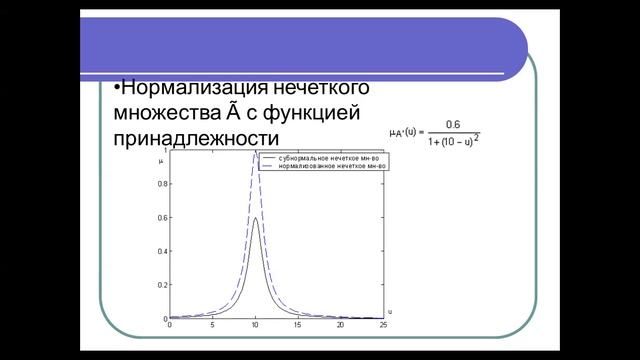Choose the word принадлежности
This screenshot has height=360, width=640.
pyautogui.click(x=197, y=137)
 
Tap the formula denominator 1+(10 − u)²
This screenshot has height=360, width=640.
pyautogui.click(x=452, y=140)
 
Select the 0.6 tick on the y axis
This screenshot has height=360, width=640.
pyautogui.click(x=164, y=220)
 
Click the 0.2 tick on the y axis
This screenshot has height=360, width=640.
pyautogui.click(x=164, y=285)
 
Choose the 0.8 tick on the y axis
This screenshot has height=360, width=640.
pyautogui.click(x=164, y=187)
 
